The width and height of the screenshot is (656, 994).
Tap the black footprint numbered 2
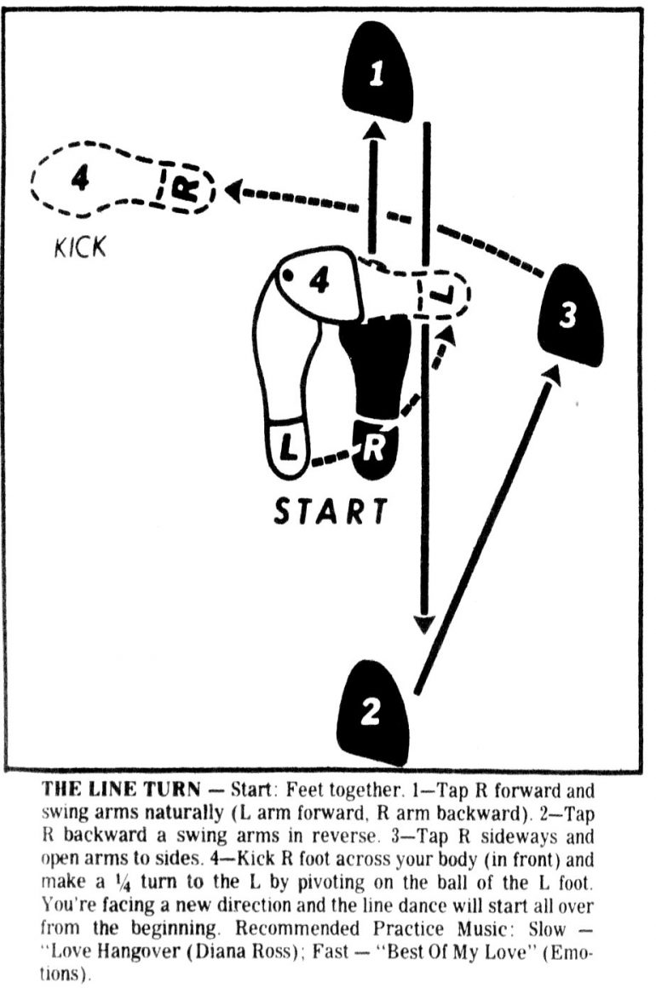[x=371, y=711]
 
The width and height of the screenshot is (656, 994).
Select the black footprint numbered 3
[x=569, y=316]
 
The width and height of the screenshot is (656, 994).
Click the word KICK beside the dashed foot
[x=81, y=247]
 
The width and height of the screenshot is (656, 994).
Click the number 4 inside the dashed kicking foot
[x=79, y=179]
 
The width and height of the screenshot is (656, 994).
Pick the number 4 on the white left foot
[x=319, y=281]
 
